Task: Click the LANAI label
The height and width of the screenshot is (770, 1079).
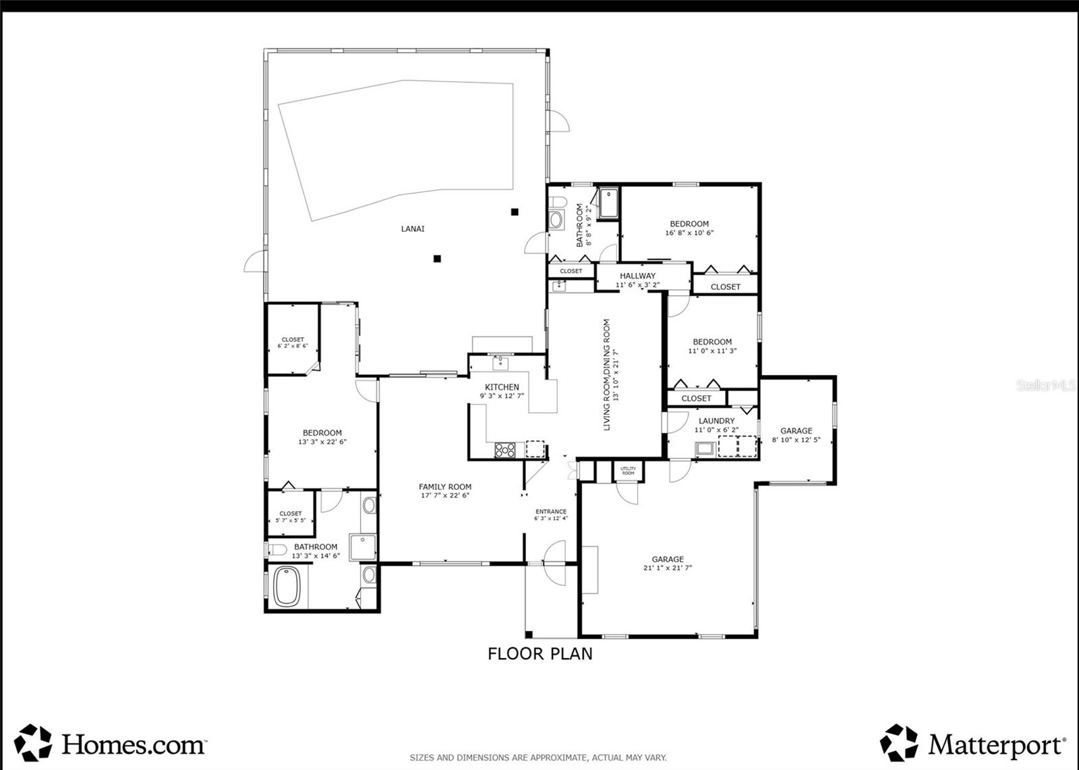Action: (413, 229)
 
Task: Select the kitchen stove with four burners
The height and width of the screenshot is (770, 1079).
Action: (504, 449)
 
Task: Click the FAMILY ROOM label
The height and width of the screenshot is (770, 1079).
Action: (445, 487)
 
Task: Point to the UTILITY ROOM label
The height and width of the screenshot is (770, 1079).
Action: (628, 471)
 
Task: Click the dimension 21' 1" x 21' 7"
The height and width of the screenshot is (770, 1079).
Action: (668, 568)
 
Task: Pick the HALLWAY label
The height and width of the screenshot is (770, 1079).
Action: (637, 276)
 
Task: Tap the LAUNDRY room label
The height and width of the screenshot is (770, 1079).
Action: (716, 421)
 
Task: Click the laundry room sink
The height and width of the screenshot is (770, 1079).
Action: (705, 448)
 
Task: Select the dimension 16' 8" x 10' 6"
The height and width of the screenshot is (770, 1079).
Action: (689, 233)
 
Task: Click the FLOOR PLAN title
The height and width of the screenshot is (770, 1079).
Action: (540, 653)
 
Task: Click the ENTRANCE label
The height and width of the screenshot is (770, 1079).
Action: (550, 511)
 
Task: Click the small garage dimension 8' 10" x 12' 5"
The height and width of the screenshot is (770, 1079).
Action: (796, 440)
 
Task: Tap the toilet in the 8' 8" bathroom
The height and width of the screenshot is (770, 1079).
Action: (556, 219)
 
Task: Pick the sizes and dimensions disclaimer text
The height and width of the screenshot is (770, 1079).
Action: (538, 758)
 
